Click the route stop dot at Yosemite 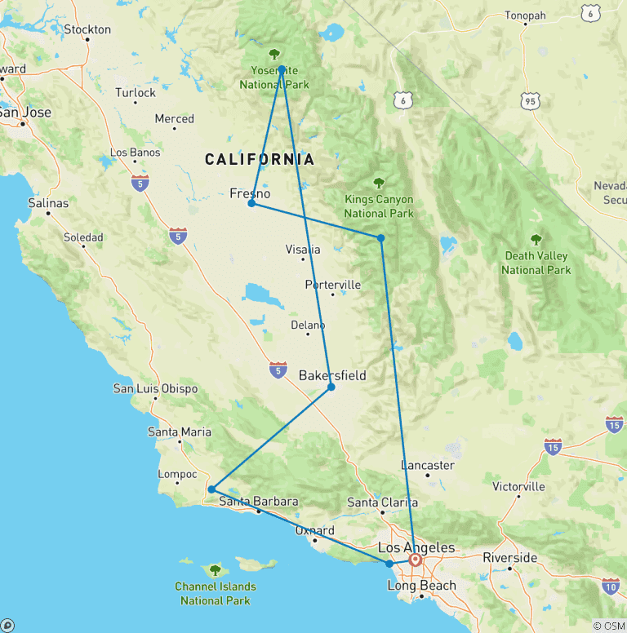(281, 69)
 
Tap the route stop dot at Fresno (251, 203)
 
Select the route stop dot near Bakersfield (331, 387)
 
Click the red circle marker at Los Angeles (415, 560)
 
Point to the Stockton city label (87, 29)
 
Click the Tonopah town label (525, 15)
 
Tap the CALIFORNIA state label (260, 159)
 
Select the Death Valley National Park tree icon (536, 240)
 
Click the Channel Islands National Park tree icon (215, 570)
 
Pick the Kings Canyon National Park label (378, 206)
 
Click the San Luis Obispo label (155, 388)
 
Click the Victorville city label (518, 487)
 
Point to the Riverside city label (510, 558)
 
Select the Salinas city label (48, 202)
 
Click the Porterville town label (332, 285)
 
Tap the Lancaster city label (428, 465)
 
